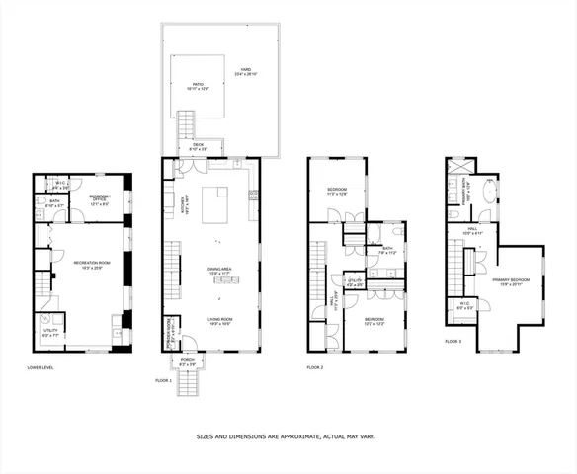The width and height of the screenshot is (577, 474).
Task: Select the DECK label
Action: coord(197,148)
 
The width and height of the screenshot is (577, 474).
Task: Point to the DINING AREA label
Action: coord(219,269)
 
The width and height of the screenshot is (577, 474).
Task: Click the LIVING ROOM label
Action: coord(218,320)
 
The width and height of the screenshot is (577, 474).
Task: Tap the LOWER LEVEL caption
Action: coord(41,368)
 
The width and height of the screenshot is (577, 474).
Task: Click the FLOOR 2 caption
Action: coord(315,367)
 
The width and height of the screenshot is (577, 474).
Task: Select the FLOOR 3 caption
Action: coord(452,341)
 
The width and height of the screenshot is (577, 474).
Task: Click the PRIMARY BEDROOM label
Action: coord(511,281)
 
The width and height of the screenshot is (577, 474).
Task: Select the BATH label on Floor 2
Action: coord(387,250)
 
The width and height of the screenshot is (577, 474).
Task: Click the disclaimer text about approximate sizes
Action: coord(285,434)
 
